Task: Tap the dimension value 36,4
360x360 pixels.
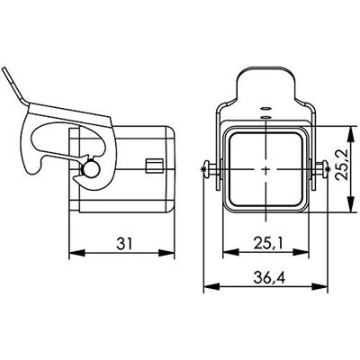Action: [264, 280]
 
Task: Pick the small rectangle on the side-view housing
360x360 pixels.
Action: [152, 165]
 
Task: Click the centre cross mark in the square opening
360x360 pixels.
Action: [265, 167]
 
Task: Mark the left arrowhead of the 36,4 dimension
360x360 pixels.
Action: [208, 289]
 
